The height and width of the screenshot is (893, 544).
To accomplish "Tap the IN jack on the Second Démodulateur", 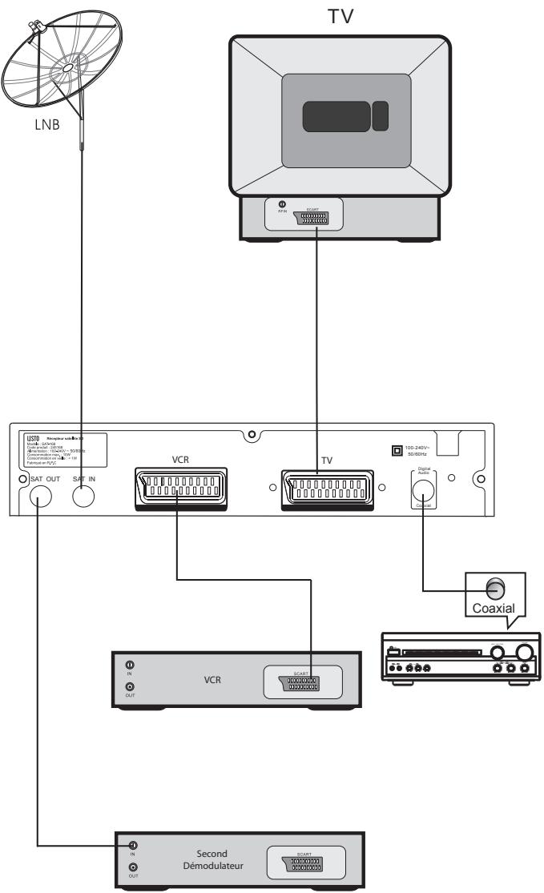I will pos(133,847).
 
